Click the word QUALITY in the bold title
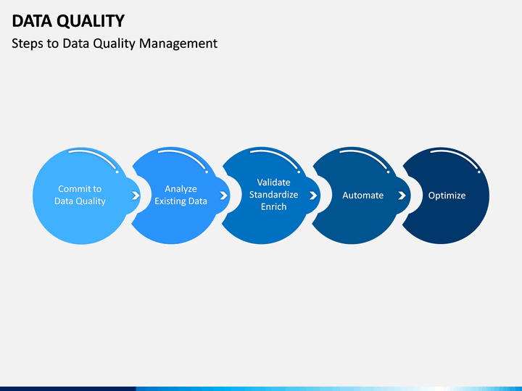[91, 22]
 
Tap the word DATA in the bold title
[32, 21]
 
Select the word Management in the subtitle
[178, 44]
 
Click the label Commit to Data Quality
[80, 195]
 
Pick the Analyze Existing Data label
[181, 195]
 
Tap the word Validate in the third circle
[273, 182]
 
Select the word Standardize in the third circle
[273, 195]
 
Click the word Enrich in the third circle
[273, 207]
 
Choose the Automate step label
[363, 195]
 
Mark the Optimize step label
[447, 195]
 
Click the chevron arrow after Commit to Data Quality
[136, 195]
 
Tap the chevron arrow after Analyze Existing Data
[224, 195]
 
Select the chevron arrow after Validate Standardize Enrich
[313, 195]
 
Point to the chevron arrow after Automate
[402, 195]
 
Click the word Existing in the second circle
[167, 201]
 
